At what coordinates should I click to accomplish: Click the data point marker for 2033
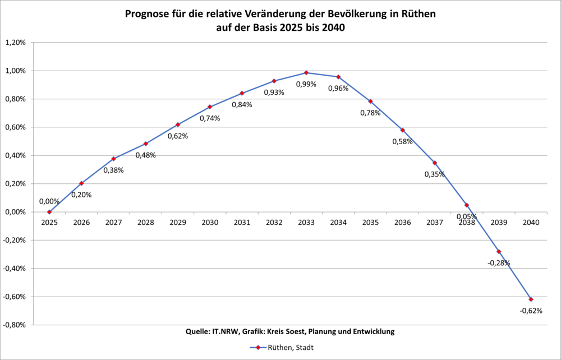coord(306,72)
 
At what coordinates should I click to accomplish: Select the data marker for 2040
coord(531,299)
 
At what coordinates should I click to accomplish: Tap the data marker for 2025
coord(49,212)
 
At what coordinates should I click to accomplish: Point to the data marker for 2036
coord(402,130)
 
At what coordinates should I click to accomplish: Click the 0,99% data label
coord(306,84)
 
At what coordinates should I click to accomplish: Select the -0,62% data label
coord(531,311)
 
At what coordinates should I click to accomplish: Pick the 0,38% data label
coord(113,170)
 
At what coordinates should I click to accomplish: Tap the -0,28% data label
coord(499,263)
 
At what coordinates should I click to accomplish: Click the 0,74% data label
coord(210,118)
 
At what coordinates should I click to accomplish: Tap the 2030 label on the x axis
coord(210,223)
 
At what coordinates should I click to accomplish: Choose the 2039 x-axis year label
coord(499,223)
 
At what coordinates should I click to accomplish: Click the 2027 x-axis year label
coord(113,223)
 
